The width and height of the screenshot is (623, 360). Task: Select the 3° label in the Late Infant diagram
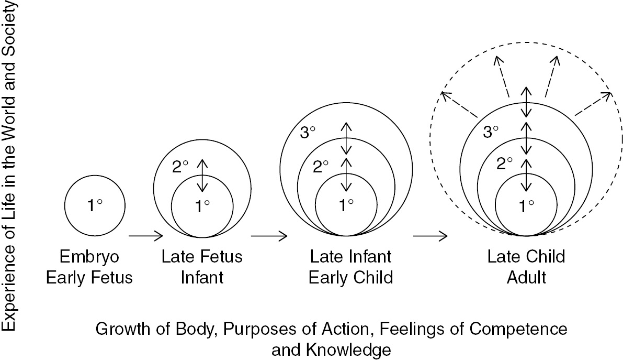(309, 132)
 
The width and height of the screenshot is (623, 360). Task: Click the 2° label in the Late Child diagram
(504, 163)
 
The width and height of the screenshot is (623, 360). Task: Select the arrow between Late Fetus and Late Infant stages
(269, 236)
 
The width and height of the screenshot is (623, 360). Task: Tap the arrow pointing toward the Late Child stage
(430, 236)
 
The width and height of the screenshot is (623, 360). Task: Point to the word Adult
(526, 277)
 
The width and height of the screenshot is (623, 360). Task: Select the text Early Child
(350, 277)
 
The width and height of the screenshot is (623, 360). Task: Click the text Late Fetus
(202, 257)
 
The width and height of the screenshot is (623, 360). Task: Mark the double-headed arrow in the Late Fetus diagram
(202, 176)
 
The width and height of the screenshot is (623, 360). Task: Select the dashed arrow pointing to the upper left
(460, 104)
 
